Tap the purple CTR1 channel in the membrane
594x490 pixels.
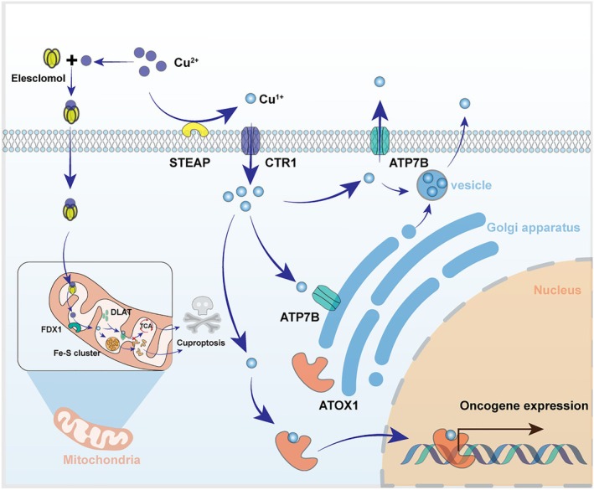coord(250,141)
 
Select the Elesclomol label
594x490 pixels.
coord(39,79)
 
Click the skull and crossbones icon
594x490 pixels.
coord(202,316)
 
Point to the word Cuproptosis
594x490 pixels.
coord(201,343)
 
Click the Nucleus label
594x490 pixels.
coord(557,290)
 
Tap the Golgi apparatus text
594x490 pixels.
coord(534,228)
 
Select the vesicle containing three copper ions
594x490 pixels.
coord(432,184)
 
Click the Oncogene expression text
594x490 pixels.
coord(524,406)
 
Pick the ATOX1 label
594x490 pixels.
coord(338,405)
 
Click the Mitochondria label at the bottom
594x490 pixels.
coord(101,460)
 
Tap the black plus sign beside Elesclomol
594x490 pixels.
coord(71,59)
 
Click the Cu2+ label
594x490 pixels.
coord(186,62)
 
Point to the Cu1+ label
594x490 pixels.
coord(271,99)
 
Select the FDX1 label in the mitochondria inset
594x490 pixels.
coord(51,329)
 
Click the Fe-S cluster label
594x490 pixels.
coord(77,353)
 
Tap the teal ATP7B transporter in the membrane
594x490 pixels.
coord(380,141)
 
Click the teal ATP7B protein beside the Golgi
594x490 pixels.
coord(326,298)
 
